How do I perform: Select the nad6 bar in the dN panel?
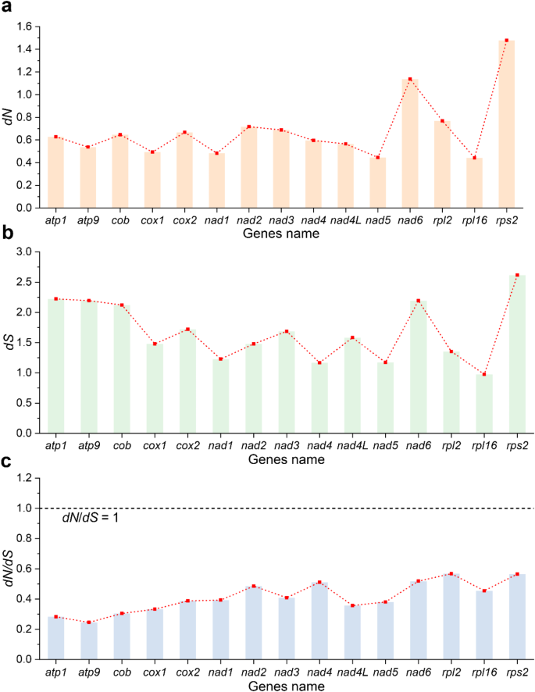[x=410, y=144]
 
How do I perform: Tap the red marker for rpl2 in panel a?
[x=442, y=121]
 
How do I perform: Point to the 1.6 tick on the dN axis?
[x=29, y=27]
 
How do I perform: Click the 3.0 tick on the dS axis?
[x=29, y=252]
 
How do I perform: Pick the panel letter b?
[x=6, y=233]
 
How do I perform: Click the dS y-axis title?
[x=9, y=342]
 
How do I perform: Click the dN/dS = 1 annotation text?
[x=91, y=519]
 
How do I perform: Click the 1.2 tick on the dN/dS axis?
[x=29, y=478]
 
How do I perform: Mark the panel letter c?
[x=6, y=461]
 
